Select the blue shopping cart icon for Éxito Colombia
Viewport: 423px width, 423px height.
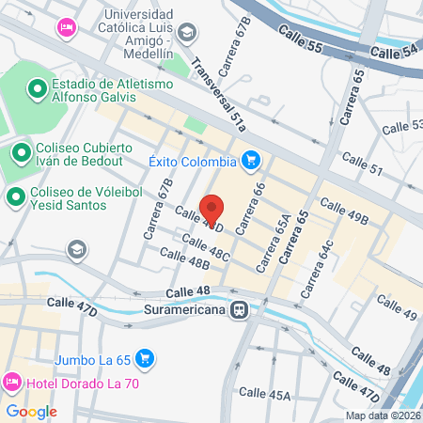pos(249,161)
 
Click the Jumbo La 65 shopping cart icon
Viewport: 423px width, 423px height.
pos(144,358)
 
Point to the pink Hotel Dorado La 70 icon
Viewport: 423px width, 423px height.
pos(12,384)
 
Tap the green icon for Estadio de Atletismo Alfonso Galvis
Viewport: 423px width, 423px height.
pos(37,89)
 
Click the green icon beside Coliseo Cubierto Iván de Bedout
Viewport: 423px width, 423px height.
pos(21,150)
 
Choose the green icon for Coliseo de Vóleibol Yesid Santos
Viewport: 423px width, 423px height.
pos(14,196)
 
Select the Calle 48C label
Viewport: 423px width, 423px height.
pos(206,248)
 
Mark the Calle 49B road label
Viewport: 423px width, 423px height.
pos(343,211)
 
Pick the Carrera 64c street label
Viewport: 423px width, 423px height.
pos(315,271)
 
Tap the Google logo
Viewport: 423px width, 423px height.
pos(31,411)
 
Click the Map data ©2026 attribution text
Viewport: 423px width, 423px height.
pos(383,415)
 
